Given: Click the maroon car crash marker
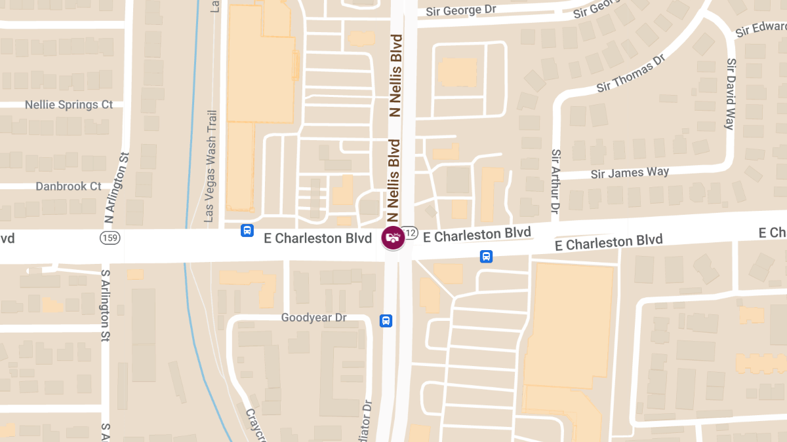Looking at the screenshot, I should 392,237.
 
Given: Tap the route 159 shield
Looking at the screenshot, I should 110,237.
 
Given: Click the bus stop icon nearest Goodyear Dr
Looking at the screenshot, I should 386,321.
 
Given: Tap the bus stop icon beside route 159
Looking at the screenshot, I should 247,230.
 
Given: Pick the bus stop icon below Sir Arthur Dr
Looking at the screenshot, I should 486,256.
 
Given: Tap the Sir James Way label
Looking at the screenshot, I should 630,173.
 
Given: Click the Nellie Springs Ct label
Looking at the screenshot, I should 69,105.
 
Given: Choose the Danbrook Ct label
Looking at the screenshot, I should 68,187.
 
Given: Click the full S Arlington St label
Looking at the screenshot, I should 105,305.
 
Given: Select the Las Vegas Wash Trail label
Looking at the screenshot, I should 211,166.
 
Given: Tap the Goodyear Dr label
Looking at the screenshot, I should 313,318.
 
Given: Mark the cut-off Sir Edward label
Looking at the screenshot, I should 761,29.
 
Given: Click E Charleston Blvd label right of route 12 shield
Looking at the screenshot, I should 476,234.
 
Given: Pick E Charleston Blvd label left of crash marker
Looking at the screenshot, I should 317,238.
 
